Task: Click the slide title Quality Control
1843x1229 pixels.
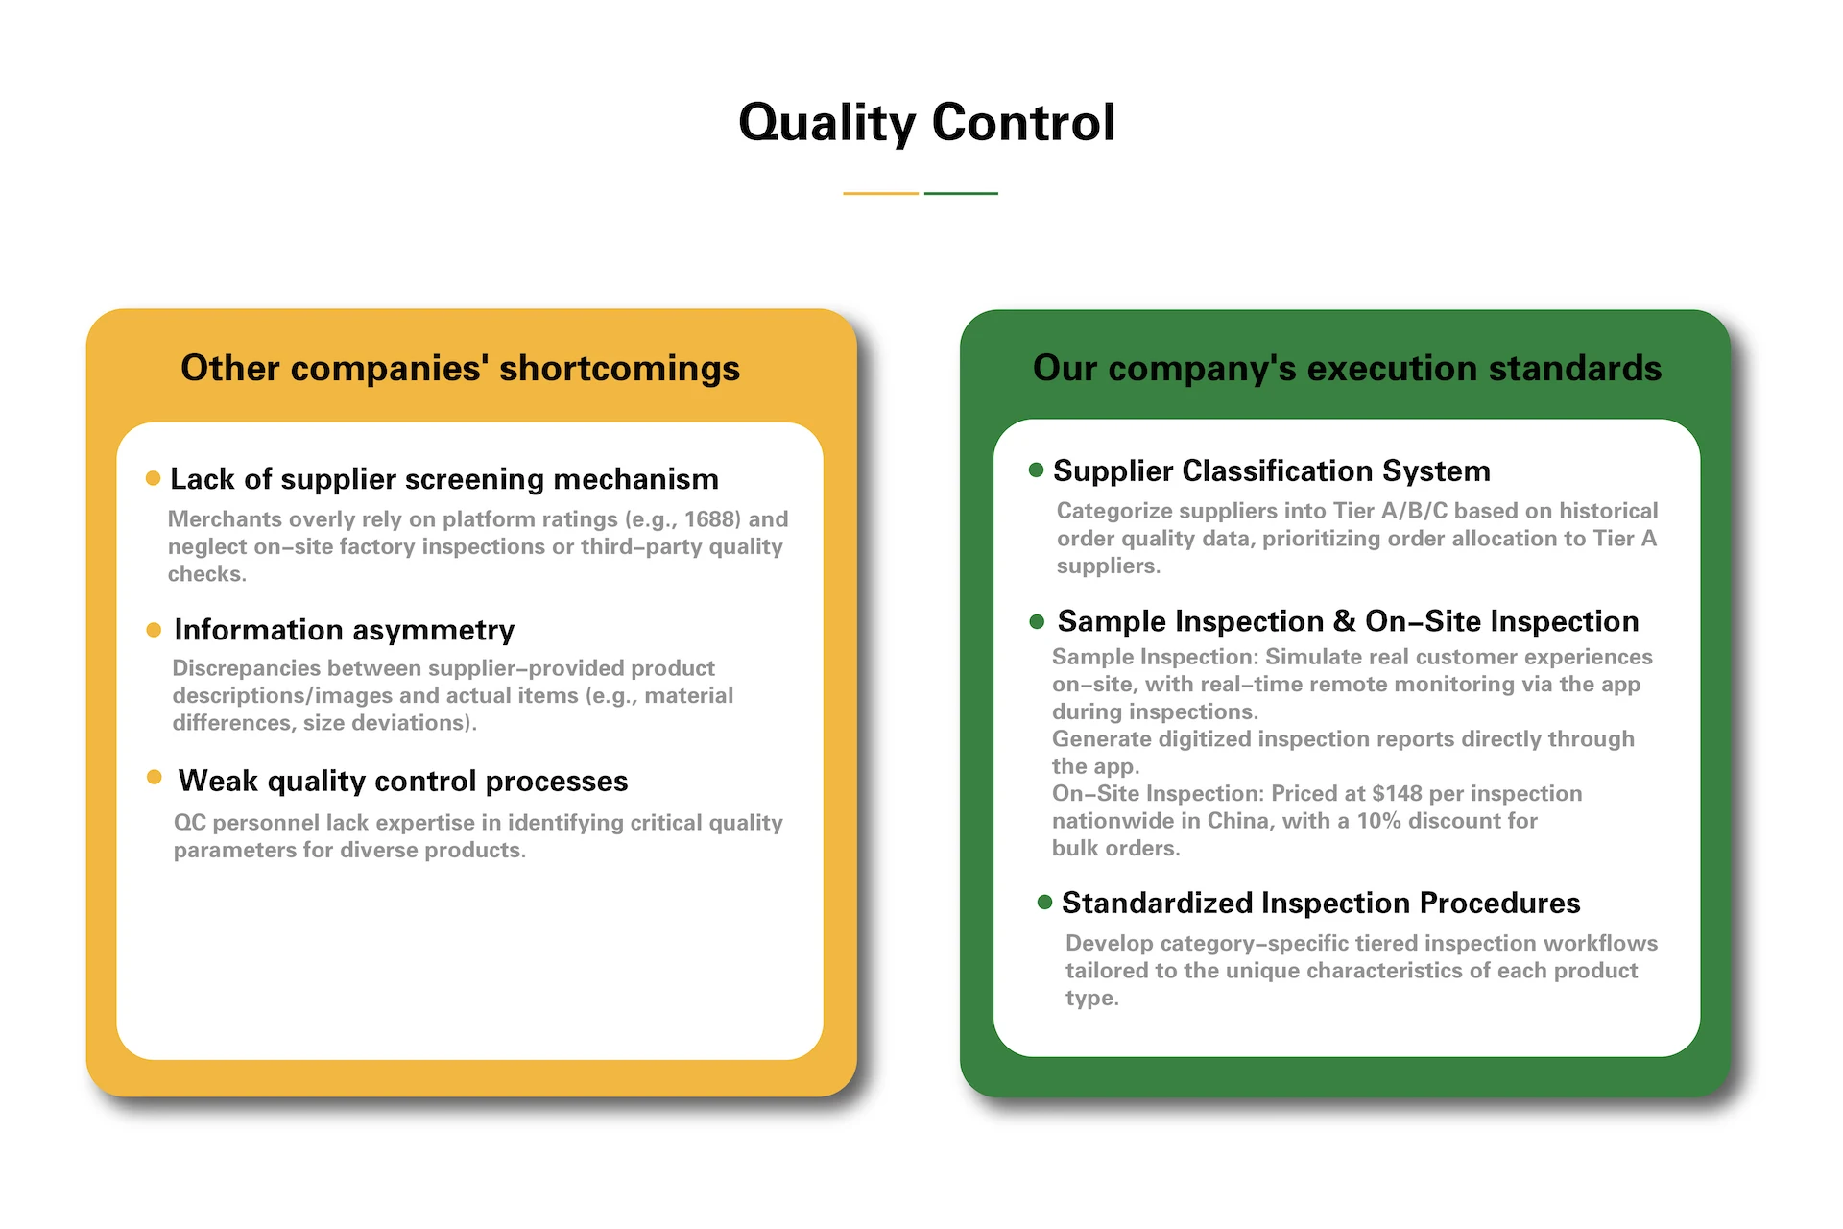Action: tap(926, 124)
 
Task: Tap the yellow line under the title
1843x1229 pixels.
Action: tap(881, 193)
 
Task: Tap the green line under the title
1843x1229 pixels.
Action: tap(961, 193)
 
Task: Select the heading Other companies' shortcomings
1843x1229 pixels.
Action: tap(460, 369)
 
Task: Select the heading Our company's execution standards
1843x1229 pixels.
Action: tap(1347, 369)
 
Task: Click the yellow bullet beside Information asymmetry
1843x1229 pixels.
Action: tap(154, 630)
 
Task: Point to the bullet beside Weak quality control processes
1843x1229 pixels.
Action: tap(154, 777)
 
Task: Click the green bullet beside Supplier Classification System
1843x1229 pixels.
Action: tap(1036, 470)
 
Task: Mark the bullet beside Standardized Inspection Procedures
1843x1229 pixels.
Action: tap(1045, 902)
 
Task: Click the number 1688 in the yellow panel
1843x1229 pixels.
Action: tap(711, 519)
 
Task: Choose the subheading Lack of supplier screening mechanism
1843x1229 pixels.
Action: tap(444, 479)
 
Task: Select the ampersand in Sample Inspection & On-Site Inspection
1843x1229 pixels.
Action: tap(1345, 621)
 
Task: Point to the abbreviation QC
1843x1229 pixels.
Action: tap(189, 823)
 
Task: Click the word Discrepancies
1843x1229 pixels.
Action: tap(247, 668)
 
